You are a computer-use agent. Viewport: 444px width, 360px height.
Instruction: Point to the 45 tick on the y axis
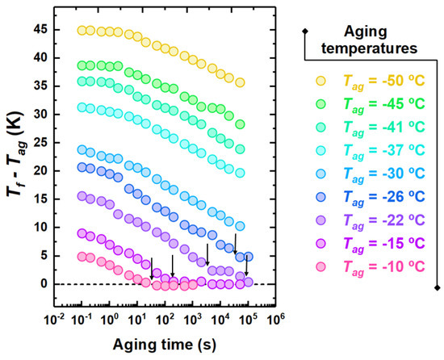click(x=39, y=31)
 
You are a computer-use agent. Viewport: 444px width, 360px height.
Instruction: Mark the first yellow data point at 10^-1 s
click(x=82, y=31)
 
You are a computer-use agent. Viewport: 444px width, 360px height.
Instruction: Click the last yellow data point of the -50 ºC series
click(x=240, y=82)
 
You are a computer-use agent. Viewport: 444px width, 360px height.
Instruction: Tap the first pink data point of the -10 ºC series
click(x=82, y=257)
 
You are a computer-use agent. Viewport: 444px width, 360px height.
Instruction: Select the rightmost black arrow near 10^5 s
click(x=248, y=264)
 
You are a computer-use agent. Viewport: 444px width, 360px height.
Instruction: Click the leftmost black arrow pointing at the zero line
click(x=152, y=268)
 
